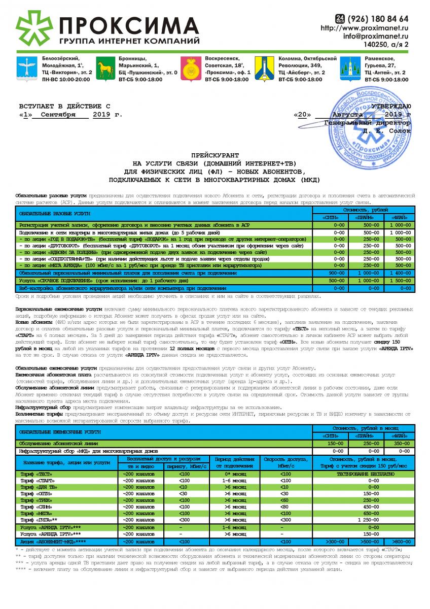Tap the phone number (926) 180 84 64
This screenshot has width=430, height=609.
(x=378, y=19)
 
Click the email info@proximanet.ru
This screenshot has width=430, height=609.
(x=376, y=37)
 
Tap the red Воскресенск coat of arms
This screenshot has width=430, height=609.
(x=191, y=70)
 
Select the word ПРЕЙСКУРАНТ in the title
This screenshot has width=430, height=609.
(x=214, y=154)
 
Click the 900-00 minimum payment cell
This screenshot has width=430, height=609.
(x=337, y=273)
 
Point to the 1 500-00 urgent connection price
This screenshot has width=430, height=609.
(x=399, y=280)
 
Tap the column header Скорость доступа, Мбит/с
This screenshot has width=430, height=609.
(x=278, y=462)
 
